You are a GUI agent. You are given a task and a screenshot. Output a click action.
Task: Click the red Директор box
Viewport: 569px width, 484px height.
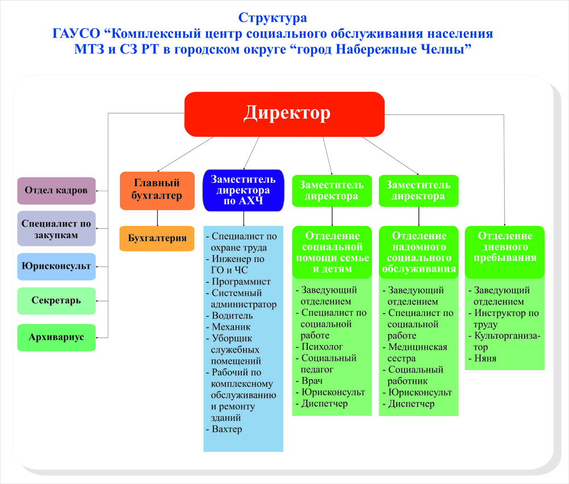(x=284, y=114)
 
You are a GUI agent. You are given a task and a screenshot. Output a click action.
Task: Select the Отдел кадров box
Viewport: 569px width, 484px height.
(x=56, y=190)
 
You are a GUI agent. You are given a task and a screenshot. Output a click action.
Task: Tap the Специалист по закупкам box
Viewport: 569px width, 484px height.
(x=56, y=229)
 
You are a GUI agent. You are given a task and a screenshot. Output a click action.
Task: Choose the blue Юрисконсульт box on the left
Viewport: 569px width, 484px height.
(x=56, y=266)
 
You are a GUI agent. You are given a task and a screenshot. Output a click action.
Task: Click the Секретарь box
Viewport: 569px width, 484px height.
(x=56, y=301)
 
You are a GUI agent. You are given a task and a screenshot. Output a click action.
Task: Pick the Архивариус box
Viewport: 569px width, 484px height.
(x=56, y=337)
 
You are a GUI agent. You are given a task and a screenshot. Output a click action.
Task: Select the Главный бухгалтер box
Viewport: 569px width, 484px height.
(x=158, y=190)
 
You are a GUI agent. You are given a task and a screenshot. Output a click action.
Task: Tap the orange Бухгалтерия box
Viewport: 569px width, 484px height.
(x=158, y=238)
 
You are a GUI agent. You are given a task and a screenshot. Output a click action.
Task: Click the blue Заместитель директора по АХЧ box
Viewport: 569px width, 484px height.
(x=244, y=190)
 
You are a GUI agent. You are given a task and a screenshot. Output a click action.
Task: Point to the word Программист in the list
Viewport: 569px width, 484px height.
(x=241, y=282)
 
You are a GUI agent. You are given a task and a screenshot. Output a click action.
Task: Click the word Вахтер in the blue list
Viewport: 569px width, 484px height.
(x=226, y=429)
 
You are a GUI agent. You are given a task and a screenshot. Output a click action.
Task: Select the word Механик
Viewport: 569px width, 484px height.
(x=231, y=327)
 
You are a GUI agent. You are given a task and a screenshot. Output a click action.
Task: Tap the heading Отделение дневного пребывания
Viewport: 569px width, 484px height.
(x=505, y=247)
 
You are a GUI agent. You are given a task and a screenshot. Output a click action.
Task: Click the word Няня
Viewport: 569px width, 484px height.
(x=485, y=359)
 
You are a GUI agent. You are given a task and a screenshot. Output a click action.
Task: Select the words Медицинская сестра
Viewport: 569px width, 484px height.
(x=417, y=352)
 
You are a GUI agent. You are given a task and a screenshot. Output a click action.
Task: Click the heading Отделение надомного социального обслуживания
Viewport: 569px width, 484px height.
(x=419, y=252)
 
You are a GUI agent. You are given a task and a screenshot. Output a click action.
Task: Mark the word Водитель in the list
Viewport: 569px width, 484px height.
(x=232, y=315)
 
